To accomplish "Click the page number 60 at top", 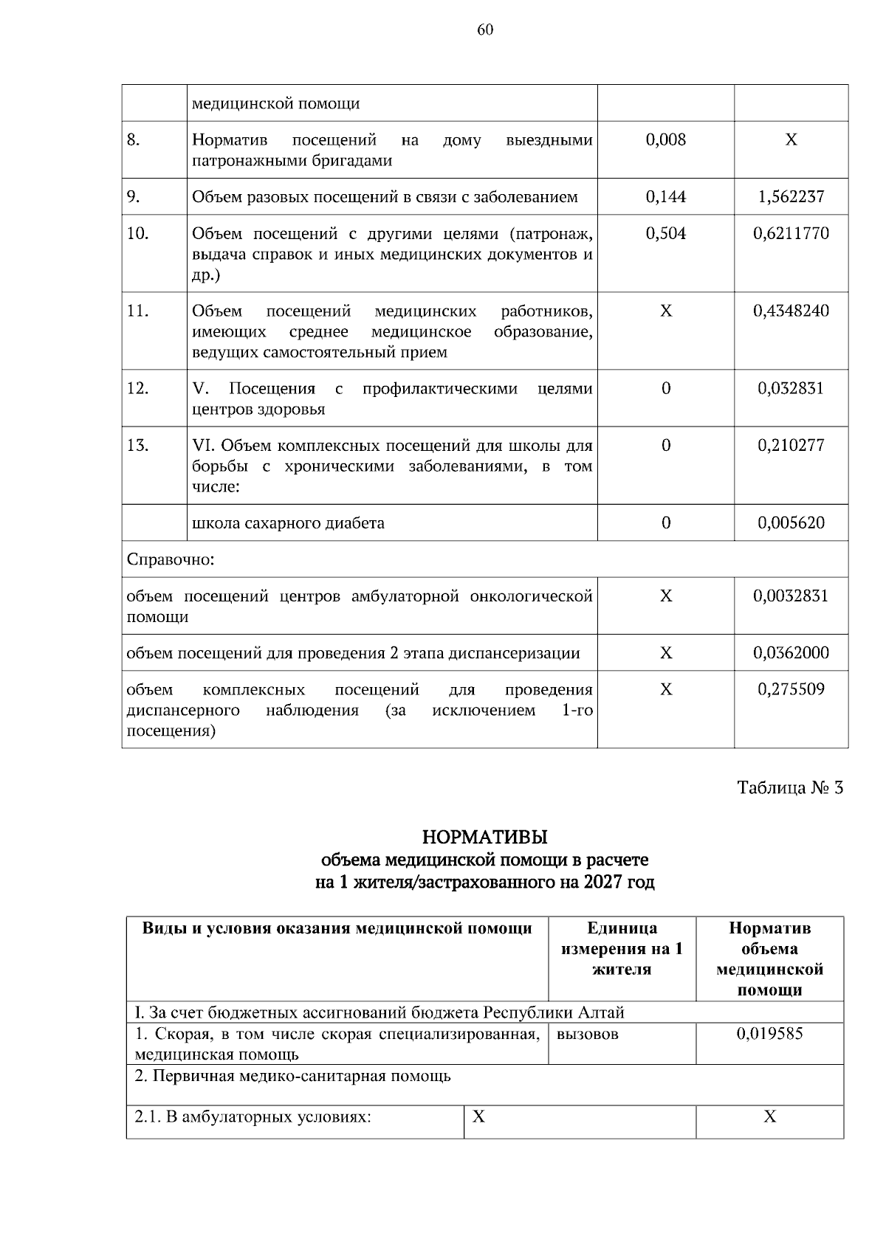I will pos(485,30).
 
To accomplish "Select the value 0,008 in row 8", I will pos(665,139).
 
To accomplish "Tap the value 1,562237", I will pos(791,196).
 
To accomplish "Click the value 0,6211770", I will pos(791,233).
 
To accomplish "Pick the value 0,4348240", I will pos(791,311).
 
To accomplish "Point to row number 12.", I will pos(138,388).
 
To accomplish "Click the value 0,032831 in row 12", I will pos(791,388).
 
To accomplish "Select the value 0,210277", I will pos(791,445).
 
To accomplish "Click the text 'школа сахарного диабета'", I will pos(288,523).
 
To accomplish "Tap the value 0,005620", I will pos(791,523).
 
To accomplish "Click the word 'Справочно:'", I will pos(171,559).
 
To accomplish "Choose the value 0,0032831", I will pos(791,596).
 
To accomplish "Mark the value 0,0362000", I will pos(791,652).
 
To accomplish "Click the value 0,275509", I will pos(791,689).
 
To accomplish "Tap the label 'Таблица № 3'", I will pos(790,787).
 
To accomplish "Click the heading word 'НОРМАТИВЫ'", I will pos(484,838).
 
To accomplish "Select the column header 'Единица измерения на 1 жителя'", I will pos(622,948).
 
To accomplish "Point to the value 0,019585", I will pos(769,1034).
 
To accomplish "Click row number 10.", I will pos(138,233).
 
